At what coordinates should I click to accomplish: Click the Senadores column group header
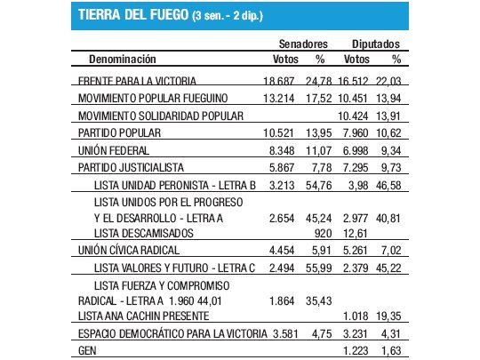(301, 43)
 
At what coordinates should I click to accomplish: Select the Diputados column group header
(374, 43)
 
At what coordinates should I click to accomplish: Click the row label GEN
(87, 351)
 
